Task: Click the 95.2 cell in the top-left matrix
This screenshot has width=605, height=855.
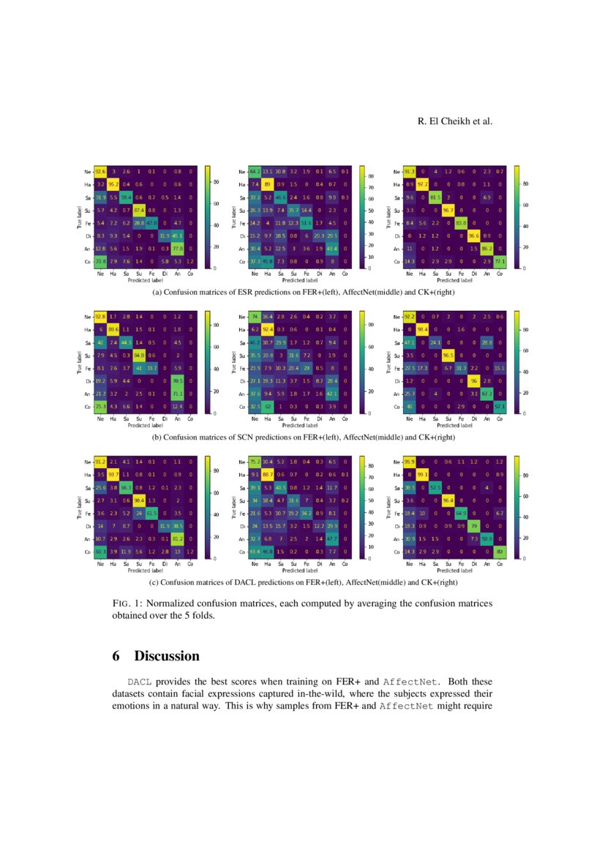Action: click(x=113, y=185)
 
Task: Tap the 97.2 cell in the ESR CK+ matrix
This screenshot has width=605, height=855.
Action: click(x=424, y=185)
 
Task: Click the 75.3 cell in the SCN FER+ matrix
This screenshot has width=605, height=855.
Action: click(x=101, y=406)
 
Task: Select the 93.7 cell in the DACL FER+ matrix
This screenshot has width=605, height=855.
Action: click(x=113, y=475)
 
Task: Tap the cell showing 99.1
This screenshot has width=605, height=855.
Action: click(x=424, y=475)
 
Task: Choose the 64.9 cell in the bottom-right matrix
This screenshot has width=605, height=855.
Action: click(x=462, y=512)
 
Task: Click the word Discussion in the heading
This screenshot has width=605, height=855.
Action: click(x=166, y=656)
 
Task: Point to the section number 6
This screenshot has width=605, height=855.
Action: click(x=116, y=656)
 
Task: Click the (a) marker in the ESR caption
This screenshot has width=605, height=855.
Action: click(x=156, y=293)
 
